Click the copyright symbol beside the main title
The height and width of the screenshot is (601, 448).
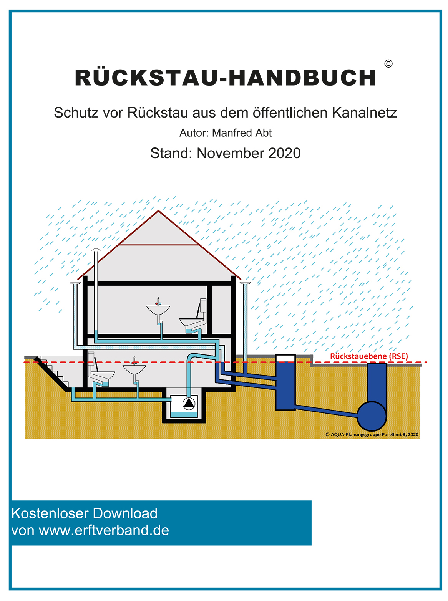(388, 64)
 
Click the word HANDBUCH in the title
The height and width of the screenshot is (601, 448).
(302, 78)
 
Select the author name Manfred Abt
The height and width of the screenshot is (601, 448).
(242, 133)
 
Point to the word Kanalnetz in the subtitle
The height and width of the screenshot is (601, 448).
(365, 113)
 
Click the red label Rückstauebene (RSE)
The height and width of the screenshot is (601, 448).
(369, 356)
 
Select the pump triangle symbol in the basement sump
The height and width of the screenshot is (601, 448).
(189, 404)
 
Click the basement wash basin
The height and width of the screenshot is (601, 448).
(134, 370)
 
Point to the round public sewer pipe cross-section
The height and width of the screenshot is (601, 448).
(372, 416)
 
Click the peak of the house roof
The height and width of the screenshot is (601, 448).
(158, 210)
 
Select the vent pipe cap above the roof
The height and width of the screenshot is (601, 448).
(96, 250)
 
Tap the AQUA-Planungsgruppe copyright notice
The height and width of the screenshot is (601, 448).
(372, 434)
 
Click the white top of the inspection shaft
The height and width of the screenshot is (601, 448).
(285, 358)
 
